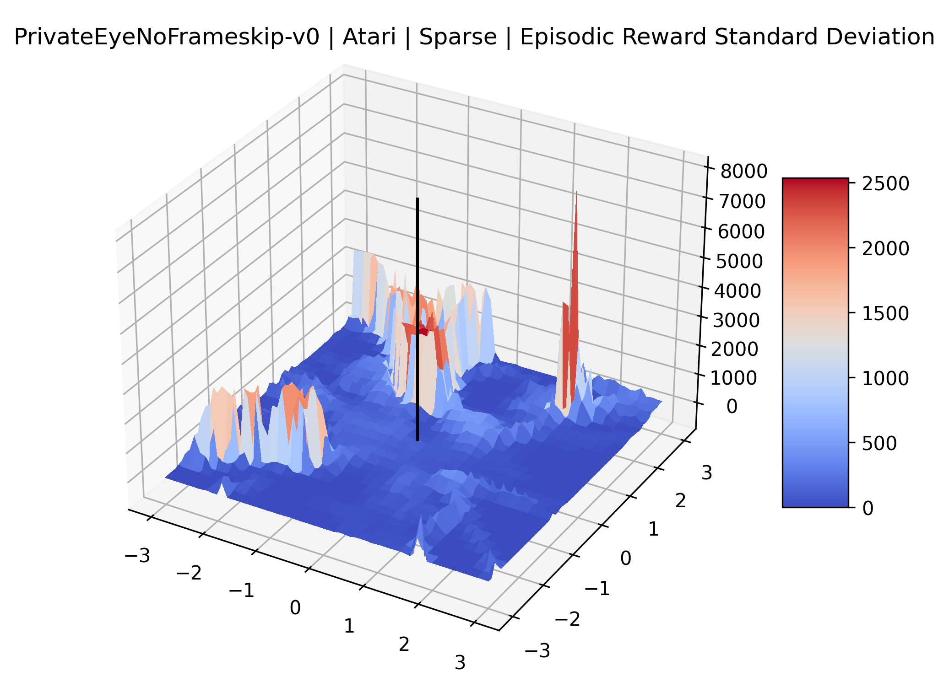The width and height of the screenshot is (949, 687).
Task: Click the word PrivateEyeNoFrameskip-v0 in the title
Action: point(167,37)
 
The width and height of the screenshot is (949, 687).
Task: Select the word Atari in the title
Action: point(369,37)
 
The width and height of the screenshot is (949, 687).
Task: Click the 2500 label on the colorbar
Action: point(885,183)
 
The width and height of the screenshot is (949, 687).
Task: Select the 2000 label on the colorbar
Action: point(885,248)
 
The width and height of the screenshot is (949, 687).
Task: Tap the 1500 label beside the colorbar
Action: point(885,313)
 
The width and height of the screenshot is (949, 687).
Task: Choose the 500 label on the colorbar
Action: point(879,443)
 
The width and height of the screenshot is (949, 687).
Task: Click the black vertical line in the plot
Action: point(418,319)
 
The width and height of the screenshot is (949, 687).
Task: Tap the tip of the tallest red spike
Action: point(576,192)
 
